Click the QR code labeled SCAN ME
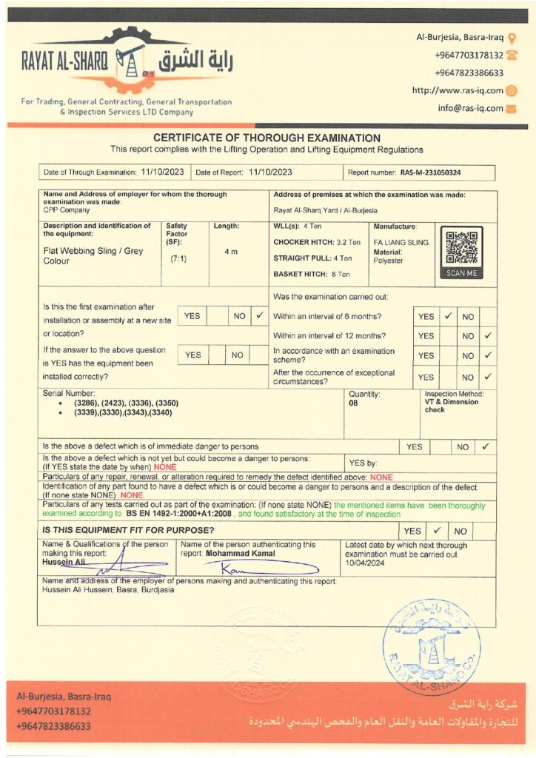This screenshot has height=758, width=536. coord(462,249)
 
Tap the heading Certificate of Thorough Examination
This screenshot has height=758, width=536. coord(267,138)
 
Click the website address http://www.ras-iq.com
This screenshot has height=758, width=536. coord(458,90)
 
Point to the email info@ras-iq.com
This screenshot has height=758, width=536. coord(470,108)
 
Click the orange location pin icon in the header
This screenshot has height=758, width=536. coord(512,37)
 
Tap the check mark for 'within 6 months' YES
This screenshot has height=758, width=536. coord(448,316)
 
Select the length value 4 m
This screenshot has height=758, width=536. coord(231,252)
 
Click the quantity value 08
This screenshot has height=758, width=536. coord(354,403)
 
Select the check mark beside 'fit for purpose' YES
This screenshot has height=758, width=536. coord(437,531)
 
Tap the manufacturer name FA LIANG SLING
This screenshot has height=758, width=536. coord(401,243)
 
